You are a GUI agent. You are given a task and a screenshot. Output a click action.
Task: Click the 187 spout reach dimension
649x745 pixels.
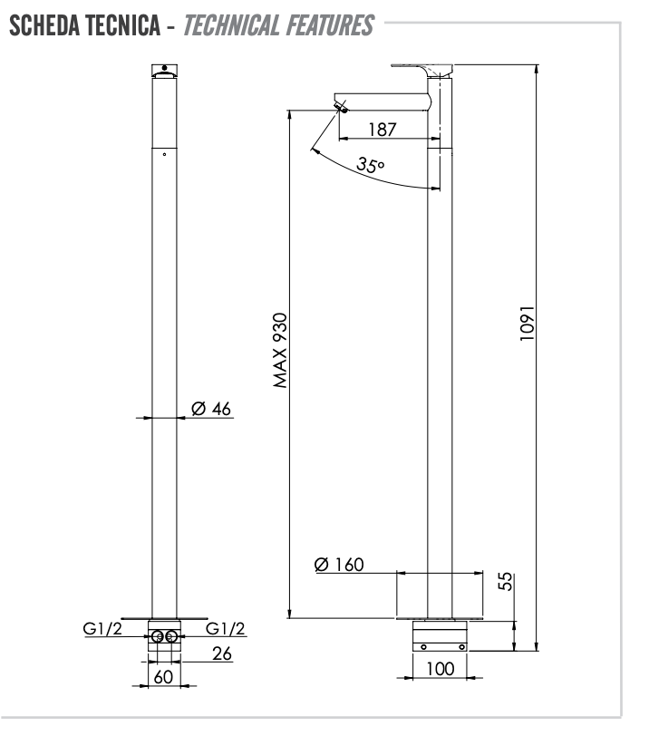(383, 130)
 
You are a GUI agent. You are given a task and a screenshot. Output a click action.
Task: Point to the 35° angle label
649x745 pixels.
(370, 165)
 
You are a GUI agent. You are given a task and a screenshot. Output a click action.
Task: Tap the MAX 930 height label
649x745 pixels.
(280, 350)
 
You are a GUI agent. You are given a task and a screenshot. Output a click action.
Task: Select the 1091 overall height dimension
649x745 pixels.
(528, 323)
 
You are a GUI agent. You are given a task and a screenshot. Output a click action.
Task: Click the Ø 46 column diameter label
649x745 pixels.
(211, 409)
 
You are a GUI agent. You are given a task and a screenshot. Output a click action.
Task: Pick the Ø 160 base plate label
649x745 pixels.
(339, 565)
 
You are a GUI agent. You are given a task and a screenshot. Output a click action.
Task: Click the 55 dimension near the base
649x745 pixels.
(506, 581)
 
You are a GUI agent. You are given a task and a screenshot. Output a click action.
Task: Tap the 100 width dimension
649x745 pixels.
(441, 669)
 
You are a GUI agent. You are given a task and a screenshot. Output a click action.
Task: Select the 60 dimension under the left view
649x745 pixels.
(163, 677)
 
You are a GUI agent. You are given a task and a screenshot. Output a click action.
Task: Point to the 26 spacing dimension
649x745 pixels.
(222, 653)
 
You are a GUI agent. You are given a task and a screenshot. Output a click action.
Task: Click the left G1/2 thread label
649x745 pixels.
(102, 629)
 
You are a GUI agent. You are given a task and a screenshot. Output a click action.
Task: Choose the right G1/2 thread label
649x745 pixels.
(225, 629)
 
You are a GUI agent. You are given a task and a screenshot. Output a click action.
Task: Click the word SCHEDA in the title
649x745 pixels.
(44, 25)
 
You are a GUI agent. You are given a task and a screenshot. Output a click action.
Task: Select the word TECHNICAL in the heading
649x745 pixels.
(231, 25)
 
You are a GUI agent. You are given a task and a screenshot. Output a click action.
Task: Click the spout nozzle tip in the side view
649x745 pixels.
(341, 107)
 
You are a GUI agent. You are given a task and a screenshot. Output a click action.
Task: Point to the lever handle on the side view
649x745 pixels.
(421, 70)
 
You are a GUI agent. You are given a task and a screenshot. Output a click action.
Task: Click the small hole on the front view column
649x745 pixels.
(164, 154)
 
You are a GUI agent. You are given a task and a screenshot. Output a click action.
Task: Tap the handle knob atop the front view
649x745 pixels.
(164, 71)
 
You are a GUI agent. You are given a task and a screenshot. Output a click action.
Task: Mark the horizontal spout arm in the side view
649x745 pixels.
(382, 102)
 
